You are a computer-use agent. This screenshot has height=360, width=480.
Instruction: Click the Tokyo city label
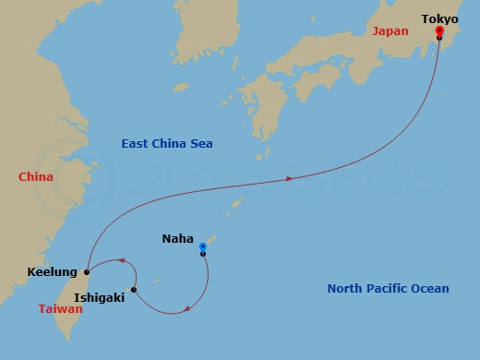coord(438,18)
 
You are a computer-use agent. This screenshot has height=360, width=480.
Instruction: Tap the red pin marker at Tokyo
coord(438,31)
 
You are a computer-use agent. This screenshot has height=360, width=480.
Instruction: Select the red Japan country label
coord(390,31)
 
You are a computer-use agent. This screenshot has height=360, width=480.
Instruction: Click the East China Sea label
coord(167,143)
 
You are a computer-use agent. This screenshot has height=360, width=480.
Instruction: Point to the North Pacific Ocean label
coord(388,289)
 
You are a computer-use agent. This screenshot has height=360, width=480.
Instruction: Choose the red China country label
coord(35,176)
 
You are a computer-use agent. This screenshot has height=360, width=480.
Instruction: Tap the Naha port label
coord(177,239)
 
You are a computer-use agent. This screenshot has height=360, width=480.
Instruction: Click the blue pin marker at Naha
coord(203,247)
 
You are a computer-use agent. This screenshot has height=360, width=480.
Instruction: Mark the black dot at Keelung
coord(86,272)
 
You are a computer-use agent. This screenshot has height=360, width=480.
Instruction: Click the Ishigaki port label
coord(99,297)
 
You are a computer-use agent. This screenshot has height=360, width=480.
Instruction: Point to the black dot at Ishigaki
coord(134,290)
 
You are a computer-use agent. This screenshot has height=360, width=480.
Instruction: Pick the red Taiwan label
coord(60,310)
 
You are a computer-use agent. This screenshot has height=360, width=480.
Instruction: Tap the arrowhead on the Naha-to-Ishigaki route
coord(187,309)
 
